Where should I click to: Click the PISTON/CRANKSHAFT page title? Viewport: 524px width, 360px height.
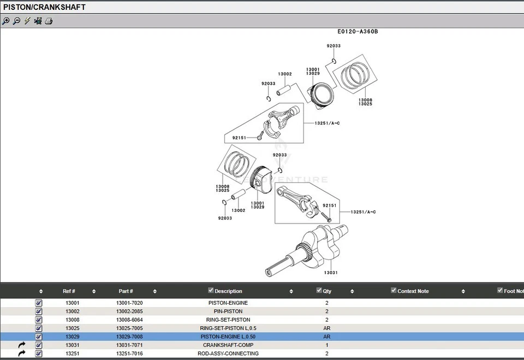click(x=45, y=7)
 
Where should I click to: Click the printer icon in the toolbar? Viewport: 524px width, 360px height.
click(x=49, y=21)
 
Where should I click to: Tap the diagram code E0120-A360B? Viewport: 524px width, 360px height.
click(x=358, y=31)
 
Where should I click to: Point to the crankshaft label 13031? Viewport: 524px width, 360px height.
click(x=331, y=272)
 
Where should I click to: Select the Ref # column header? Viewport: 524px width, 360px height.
click(x=69, y=291)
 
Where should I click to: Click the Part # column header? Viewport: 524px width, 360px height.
click(x=126, y=291)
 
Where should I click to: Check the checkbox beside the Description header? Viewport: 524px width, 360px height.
click(x=211, y=291)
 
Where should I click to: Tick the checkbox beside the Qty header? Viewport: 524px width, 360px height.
click(x=319, y=291)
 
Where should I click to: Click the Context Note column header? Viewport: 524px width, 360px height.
click(x=413, y=291)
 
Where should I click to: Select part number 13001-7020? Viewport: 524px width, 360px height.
click(x=129, y=303)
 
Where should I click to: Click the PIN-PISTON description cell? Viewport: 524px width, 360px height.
click(x=228, y=311)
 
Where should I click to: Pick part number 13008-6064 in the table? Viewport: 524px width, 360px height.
click(x=129, y=320)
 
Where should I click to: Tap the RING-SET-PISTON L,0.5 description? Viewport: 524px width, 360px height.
click(x=228, y=328)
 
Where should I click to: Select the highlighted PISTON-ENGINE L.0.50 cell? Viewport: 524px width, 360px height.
click(x=228, y=337)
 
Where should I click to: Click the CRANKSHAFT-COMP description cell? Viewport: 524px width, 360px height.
click(x=228, y=345)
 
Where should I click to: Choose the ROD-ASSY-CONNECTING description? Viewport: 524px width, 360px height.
click(x=228, y=353)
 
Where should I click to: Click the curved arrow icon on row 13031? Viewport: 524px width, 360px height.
click(x=22, y=345)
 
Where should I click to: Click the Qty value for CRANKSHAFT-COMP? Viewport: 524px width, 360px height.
click(x=327, y=345)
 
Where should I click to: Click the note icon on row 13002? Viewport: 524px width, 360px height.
click(x=39, y=311)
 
